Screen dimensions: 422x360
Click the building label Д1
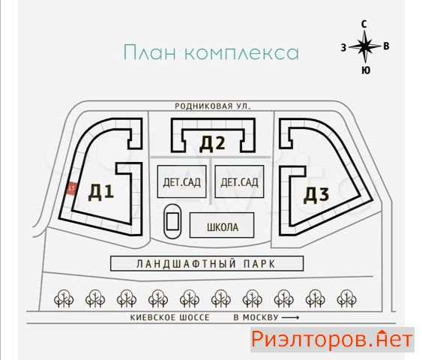[101, 192]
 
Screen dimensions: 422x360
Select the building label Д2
[212, 143]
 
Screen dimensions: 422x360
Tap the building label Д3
[316, 195]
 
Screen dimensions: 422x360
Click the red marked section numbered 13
[72, 188]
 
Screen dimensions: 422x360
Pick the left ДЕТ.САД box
[182, 181]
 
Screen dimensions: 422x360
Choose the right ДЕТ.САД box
[239, 181]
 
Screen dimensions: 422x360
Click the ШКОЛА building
[222, 225]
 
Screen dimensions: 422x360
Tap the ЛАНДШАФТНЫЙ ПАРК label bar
[207, 263]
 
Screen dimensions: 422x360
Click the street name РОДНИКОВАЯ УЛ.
[213, 106]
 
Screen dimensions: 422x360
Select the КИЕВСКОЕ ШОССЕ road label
[170, 318]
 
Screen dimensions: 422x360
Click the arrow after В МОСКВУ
[290, 318]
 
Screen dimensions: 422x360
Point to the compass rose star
[365, 46]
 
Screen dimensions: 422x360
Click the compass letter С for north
[364, 24]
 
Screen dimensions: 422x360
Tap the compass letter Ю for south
[366, 70]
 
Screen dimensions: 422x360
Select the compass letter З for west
[343, 48]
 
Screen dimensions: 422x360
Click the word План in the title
[150, 52]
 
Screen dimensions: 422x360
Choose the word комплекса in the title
[242, 53]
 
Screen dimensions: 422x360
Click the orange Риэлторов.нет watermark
[332, 339]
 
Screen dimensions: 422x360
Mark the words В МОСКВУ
[256, 318]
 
